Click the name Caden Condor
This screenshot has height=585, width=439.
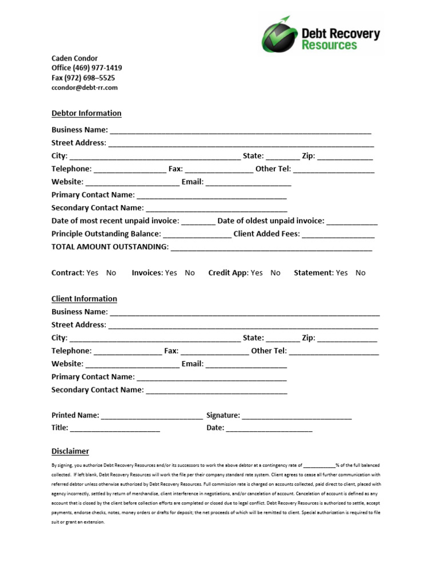click(x=74, y=58)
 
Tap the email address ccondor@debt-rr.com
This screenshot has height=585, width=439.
click(x=84, y=87)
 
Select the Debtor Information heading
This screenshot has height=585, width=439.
click(x=86, y=113)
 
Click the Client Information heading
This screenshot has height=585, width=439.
click(x=84, y=299)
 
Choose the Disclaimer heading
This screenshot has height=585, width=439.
click(x=70, y=451)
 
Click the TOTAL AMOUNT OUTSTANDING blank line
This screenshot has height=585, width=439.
click(x=271, y=248)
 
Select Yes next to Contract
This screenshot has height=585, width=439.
click(x=92, y=273)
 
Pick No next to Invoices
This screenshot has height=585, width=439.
click(x=190, y=273)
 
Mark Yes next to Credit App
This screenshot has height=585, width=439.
click(x=257, y=273)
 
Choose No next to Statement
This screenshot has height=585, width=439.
click(x=360, y=273)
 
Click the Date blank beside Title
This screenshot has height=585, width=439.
click(x=269, y=429)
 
